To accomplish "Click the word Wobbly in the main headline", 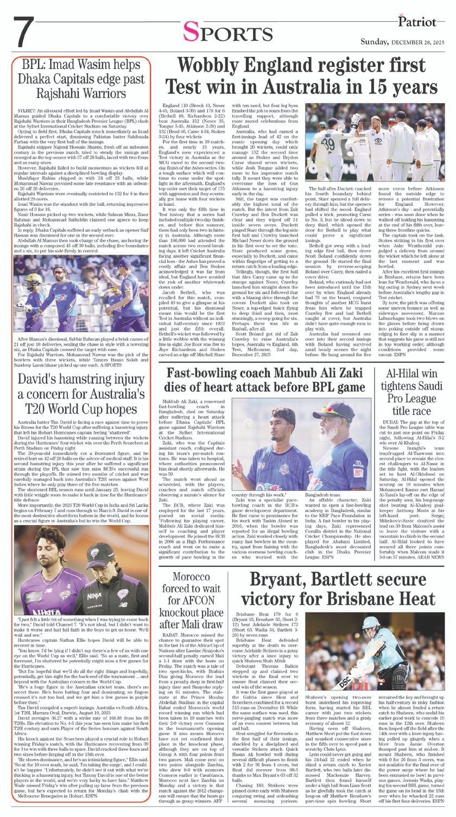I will (212, 67).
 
